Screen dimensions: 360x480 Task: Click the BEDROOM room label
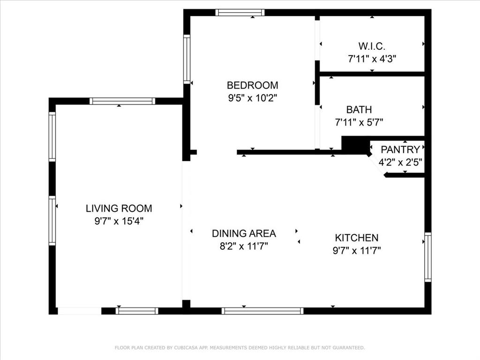pyautogui.click(x=252, y=85)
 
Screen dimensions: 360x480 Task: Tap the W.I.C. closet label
pyautogui.click(x=372, y=46)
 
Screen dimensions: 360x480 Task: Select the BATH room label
pyautogui.click(x=359, y=110)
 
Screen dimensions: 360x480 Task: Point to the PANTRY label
pyautogui.click(x=400, y=150)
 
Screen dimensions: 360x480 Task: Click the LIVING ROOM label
pyautogui.click(x=119, y=209)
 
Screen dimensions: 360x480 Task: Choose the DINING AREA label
pyautogui.click(x=244, y=233)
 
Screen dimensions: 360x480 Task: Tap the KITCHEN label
pyautogui.click(x=356, y=238)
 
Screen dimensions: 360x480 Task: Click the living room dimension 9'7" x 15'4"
pyautogui.click(x=119, y=221)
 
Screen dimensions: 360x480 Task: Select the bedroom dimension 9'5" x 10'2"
pyautogui.click(x=252, y=98)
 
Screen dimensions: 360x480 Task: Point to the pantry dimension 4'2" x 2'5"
pyautogui.click(x=400, y=162)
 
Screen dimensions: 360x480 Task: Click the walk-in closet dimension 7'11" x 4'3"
pyautogui.click(x=372, y=59)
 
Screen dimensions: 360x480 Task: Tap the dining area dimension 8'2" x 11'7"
pyautogui.click(x=244, y=246)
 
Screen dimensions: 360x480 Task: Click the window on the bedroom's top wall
pyautogui.click(x=240, y=13)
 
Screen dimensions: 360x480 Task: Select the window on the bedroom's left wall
pyautogui.click(x=187, y=59)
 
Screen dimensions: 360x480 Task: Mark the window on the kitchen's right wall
pyautogui.click(x=427, y=257)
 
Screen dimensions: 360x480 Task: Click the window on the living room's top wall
pyautogui.click(x=122, y=101)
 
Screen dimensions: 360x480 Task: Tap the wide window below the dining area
pyautogui.click(x=262, y=310)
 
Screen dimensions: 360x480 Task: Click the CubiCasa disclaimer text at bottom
pyautogui.click(x=240, y=347)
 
